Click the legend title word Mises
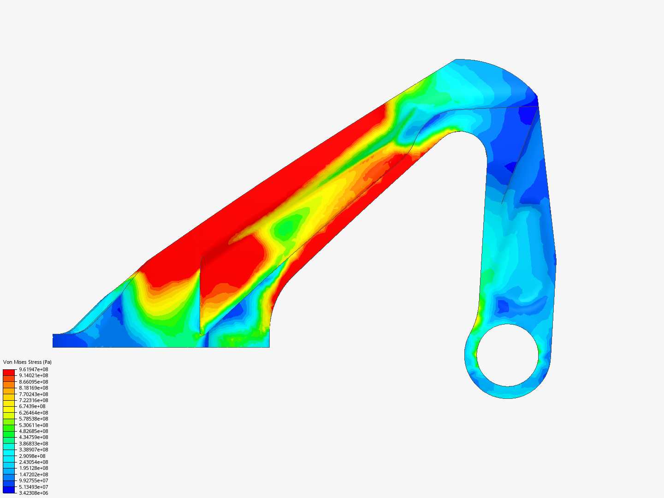tap(21, 362)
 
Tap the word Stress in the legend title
tap(35, 362)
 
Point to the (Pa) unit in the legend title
tap(47, 362)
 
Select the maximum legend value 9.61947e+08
tap(33, 369)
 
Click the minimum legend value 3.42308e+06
tap(33, 493)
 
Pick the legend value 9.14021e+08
tap(33, 375)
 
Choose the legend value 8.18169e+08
tap(33, 388)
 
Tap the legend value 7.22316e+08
tap(33, 400)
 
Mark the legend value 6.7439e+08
tap(32, 406)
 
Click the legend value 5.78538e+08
tap(33, 419)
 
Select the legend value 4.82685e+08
tap(33, 431)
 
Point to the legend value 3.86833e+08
tap(33, 444)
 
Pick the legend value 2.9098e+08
tap(32, 456)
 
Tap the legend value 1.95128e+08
tap(33, 468)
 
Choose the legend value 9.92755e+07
tap(33, 480)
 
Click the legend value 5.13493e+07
tap(33, 487)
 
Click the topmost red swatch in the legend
tap(9, 372)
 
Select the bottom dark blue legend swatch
tap(9, 490)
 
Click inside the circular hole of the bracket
tap(508, 355)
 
